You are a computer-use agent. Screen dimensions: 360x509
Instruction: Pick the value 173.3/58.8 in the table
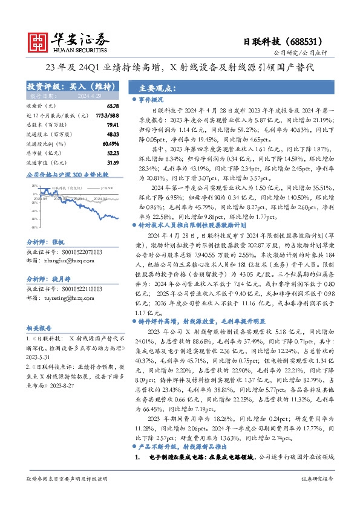(x=107, y=115)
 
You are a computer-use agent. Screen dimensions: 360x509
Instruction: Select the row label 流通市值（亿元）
(x=46, y=163)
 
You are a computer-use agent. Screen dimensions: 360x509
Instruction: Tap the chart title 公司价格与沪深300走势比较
(x=67, y=175)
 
